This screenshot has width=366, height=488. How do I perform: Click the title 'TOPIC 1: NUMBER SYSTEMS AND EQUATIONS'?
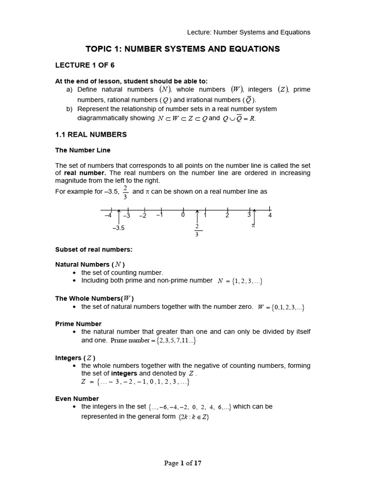tap(183, 49)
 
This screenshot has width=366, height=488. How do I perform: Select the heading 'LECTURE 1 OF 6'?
tap(85, 65)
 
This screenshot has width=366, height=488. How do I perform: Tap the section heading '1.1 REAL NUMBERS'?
tap(91, 135)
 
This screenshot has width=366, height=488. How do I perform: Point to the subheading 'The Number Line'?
tap(83, 150)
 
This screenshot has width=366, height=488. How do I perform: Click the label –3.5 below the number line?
tap(118, 228)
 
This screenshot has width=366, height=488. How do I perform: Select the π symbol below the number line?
tap(254, 225)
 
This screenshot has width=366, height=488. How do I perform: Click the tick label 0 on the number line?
tap(183, 215)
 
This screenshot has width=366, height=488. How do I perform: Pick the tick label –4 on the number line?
tap(107, 215)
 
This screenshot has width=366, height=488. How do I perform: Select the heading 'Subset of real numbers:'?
tap(93, 249)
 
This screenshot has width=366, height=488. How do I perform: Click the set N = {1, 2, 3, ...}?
tap(240, 281)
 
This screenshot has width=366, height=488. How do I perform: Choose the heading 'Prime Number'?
tap(78, 324)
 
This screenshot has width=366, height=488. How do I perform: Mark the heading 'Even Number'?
tap(77, 398)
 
